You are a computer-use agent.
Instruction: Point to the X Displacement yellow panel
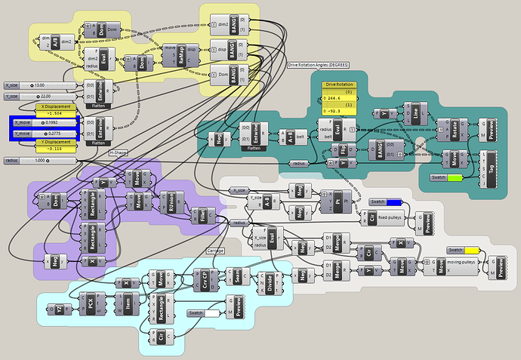pyautogui.click(x=54, y=110)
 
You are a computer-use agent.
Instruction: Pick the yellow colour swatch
pyautogui.click(x=465, y=250)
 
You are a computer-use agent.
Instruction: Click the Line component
pyautogui.click(x=415, y=113)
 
